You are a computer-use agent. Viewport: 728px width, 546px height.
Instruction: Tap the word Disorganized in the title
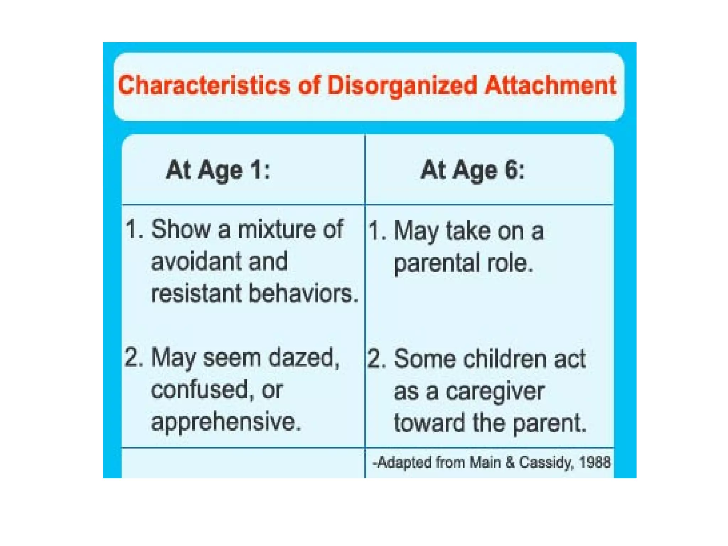tap(402, 86)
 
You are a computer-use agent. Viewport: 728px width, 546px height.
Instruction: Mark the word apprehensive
tap(226, 422)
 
